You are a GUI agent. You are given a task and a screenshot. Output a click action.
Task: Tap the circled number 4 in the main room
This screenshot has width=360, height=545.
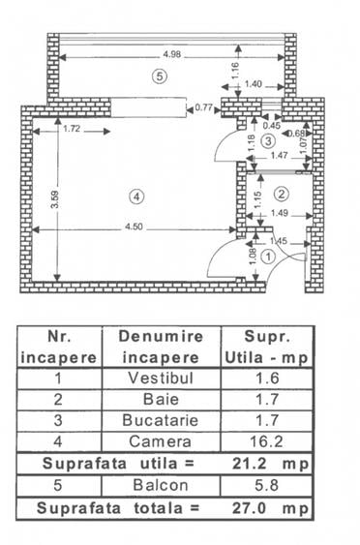(x=136, y=196)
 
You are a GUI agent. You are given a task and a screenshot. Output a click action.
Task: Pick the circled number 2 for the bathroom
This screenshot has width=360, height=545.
(x=282, y=192)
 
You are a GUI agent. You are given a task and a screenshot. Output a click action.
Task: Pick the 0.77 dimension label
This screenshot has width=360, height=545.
(x=203, y=108)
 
